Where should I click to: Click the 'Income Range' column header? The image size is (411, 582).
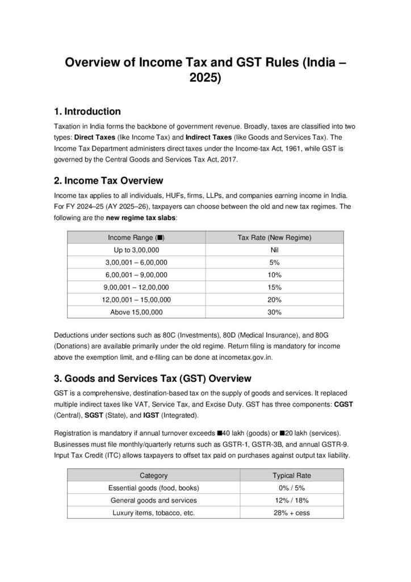(x=136, y=237)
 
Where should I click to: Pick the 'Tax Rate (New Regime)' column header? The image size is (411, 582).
(x=274, y=237)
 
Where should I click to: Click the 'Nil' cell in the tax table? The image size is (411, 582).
(x=274, y=250)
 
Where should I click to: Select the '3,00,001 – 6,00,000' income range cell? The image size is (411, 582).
(x=136, y=262)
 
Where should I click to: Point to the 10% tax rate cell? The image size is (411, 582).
(x=274, y=275)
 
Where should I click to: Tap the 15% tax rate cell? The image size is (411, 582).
(x=274, y=287)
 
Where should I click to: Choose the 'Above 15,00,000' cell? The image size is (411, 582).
(x=136, y=312)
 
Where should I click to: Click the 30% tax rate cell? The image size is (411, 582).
(x=274, y=312)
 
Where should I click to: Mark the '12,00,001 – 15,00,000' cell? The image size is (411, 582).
(x=136, y=300)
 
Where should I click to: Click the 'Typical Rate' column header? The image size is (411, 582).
(x=292, y=475)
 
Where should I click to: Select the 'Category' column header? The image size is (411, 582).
(x=153, y=475)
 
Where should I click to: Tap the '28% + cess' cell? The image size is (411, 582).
(x=292, y=513)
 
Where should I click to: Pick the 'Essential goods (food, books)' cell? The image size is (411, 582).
(x=153, y=488)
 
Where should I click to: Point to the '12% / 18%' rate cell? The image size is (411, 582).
(x=292, y=500)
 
